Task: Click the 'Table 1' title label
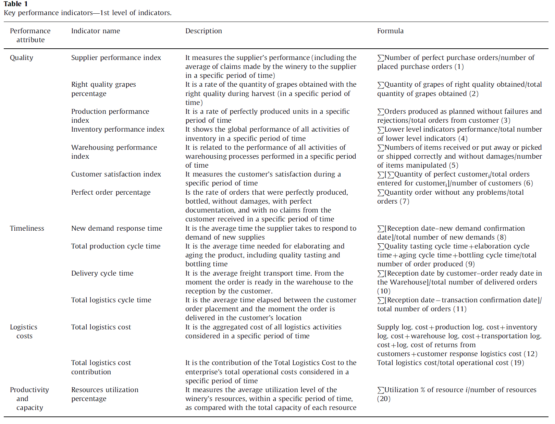click(x=16, y=4)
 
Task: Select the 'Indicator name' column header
click(x=96, y=31)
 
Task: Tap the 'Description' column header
click(x=203, y=31)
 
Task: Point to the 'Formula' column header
click(x=390, y=31)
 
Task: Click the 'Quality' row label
click(x=22, y=58)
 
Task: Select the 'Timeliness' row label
click(x=27, y=228)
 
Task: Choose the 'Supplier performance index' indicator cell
click(x=116, y=58)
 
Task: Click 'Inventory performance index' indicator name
click(x=118, y=129)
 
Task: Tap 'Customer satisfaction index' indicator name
click(x=116, y=174)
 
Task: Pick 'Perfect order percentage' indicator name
click(x=111, y=192)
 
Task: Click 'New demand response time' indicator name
click(x=116, y=228)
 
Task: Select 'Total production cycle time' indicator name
click(x=116, y=246)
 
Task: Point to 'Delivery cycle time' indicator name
click(x=102, y=273)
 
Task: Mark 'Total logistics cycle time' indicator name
click(x=111, y=300)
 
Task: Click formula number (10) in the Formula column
click(x=384, y=291)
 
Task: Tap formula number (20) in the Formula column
click(x=384, y=399)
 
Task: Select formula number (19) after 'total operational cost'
click(x=517, y=363)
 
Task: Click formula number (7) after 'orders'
click(x=405, y=201)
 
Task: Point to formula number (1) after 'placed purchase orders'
click(x=459, y=66)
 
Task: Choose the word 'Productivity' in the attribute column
click(x=29, y=390)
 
